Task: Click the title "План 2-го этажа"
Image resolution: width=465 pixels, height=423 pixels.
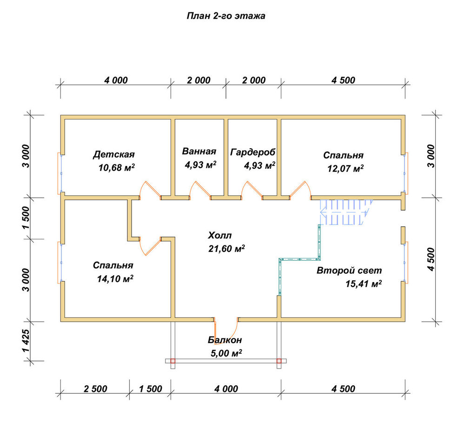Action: coord(226,16)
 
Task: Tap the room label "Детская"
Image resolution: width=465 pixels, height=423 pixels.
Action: coord(114,154)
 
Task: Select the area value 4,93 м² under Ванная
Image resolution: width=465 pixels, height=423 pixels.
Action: coord(200,165)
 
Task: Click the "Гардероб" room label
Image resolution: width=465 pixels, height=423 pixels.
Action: coord(253,152)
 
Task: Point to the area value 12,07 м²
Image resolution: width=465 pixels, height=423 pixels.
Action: coord(345,169)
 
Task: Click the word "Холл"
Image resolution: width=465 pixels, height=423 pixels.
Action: coord(220,236)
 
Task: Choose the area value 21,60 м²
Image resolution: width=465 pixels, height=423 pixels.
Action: coord(226,249)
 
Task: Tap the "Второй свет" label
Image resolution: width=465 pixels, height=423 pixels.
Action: coord(349,271)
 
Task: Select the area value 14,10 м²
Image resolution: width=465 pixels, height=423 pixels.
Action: coord(115,279)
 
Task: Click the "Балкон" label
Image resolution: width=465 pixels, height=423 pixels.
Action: coord(225,340)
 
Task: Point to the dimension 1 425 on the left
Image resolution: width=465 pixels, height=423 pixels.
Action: coord(26,341)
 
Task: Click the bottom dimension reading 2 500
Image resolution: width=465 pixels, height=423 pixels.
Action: coord(95,389)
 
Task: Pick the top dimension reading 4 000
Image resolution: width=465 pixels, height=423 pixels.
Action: coord(116,80)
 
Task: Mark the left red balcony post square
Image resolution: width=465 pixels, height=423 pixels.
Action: coord(173,361)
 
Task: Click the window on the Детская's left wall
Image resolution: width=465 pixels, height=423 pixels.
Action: coord(60,173)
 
